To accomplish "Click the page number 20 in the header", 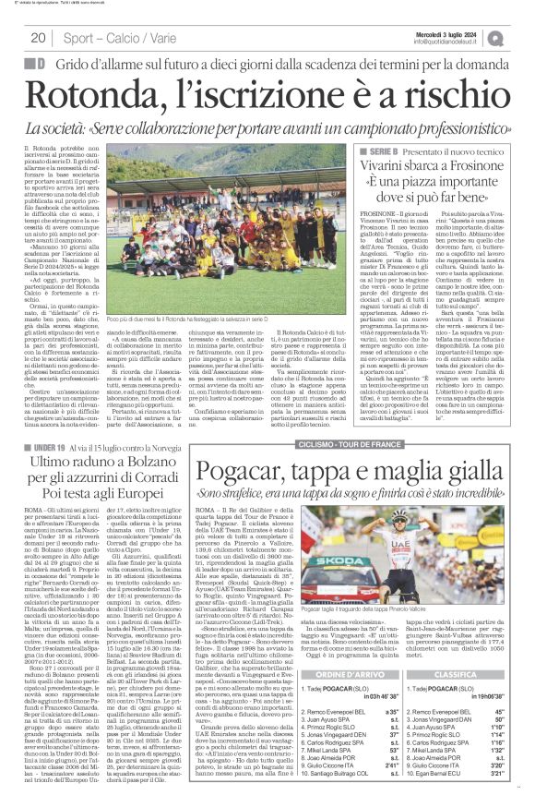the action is tap(38, 38).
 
